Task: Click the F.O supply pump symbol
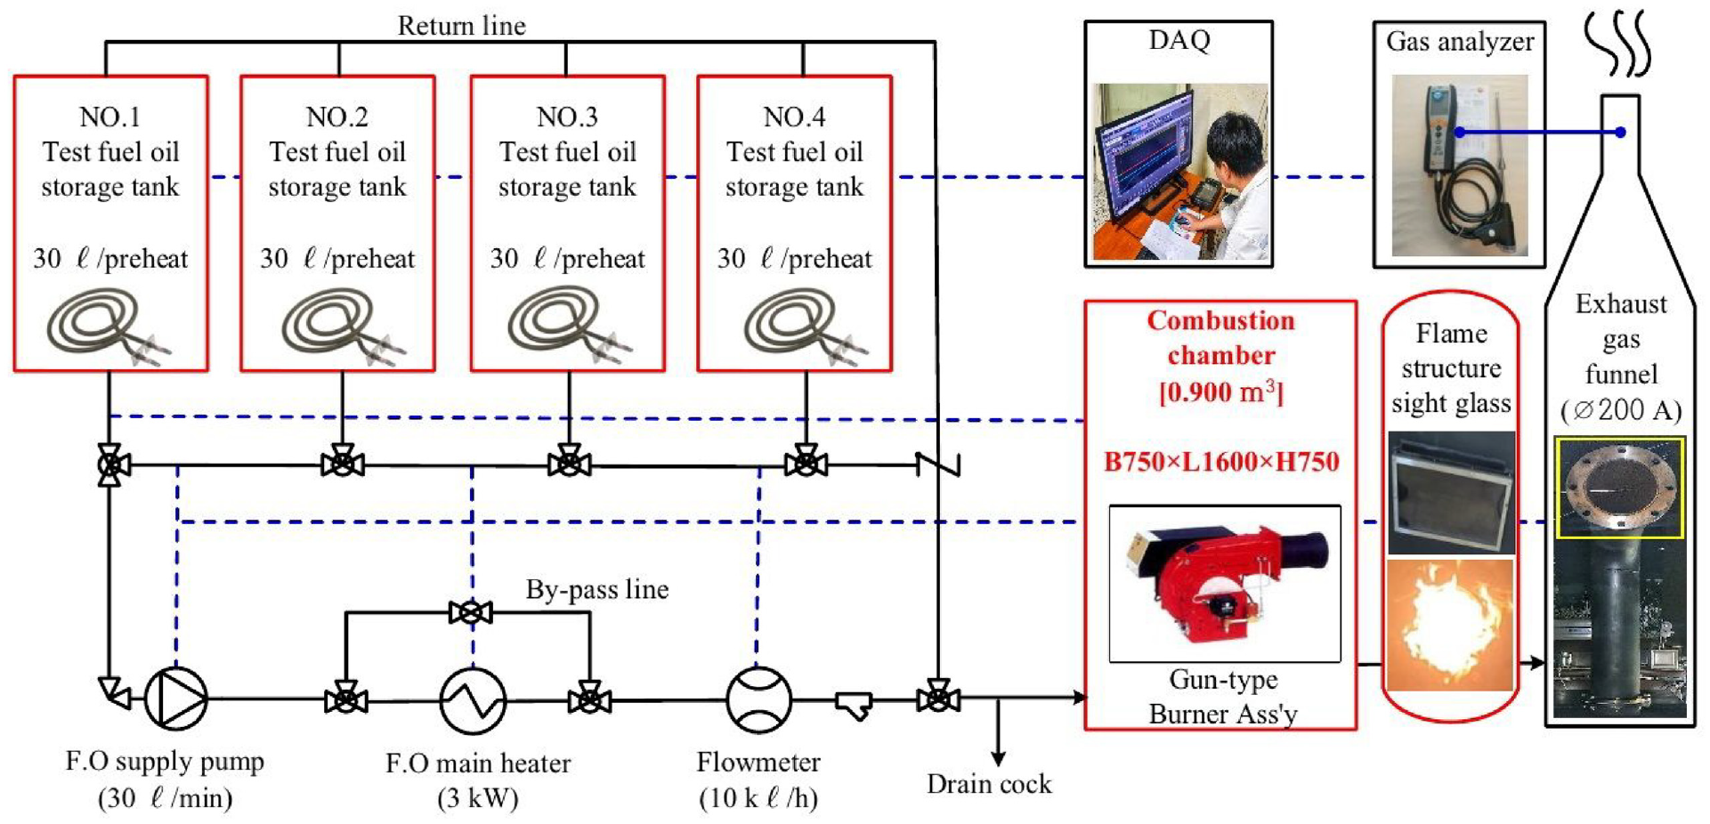point(176,699)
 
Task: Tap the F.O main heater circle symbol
point(473,700)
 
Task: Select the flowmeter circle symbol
point(758,699)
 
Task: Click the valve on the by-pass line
point(471,612)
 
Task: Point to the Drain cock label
point(989,784)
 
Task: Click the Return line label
point(461,26)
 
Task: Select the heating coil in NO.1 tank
point(104,326)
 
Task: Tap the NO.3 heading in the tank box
point(567,117)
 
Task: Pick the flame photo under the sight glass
point(1450,625)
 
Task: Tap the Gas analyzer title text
point(1460,42)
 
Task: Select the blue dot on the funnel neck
point(1620,133)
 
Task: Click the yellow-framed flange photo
point(1619,488)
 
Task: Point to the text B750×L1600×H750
point(1221,462)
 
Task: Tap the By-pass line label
point(596,589)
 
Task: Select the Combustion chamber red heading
point(1220,338)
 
